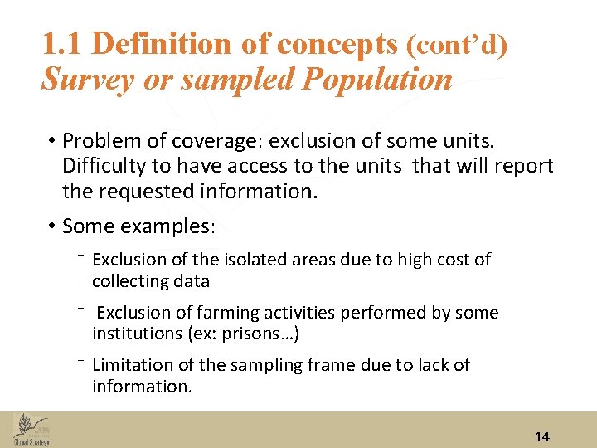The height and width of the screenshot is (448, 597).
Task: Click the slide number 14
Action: point(542,436)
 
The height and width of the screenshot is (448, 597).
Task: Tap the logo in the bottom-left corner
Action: point(32,430)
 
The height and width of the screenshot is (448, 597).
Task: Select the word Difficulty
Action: point(103,166)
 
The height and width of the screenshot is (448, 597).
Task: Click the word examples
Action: point(172,226)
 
